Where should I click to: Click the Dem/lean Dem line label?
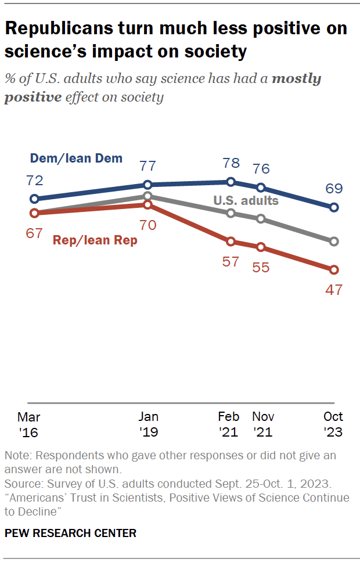click(75, 158)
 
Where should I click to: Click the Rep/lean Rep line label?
click(95, 240)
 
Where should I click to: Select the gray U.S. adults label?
click(246, 201)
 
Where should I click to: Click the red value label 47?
click(333, 290)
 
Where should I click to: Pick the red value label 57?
click(231, 261)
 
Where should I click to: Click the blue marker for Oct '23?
click(334, 207)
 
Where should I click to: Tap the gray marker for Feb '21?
click(231, 213)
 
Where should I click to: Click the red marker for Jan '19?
click(147, 204)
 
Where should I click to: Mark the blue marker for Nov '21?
click(261, 188)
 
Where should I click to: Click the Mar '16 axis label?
click(28, 424)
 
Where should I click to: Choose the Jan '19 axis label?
click(148, 424)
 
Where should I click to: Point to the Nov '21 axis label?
click(263, 424)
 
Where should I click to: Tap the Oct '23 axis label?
click(333, 424)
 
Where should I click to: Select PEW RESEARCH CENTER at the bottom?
click(70, 533)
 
